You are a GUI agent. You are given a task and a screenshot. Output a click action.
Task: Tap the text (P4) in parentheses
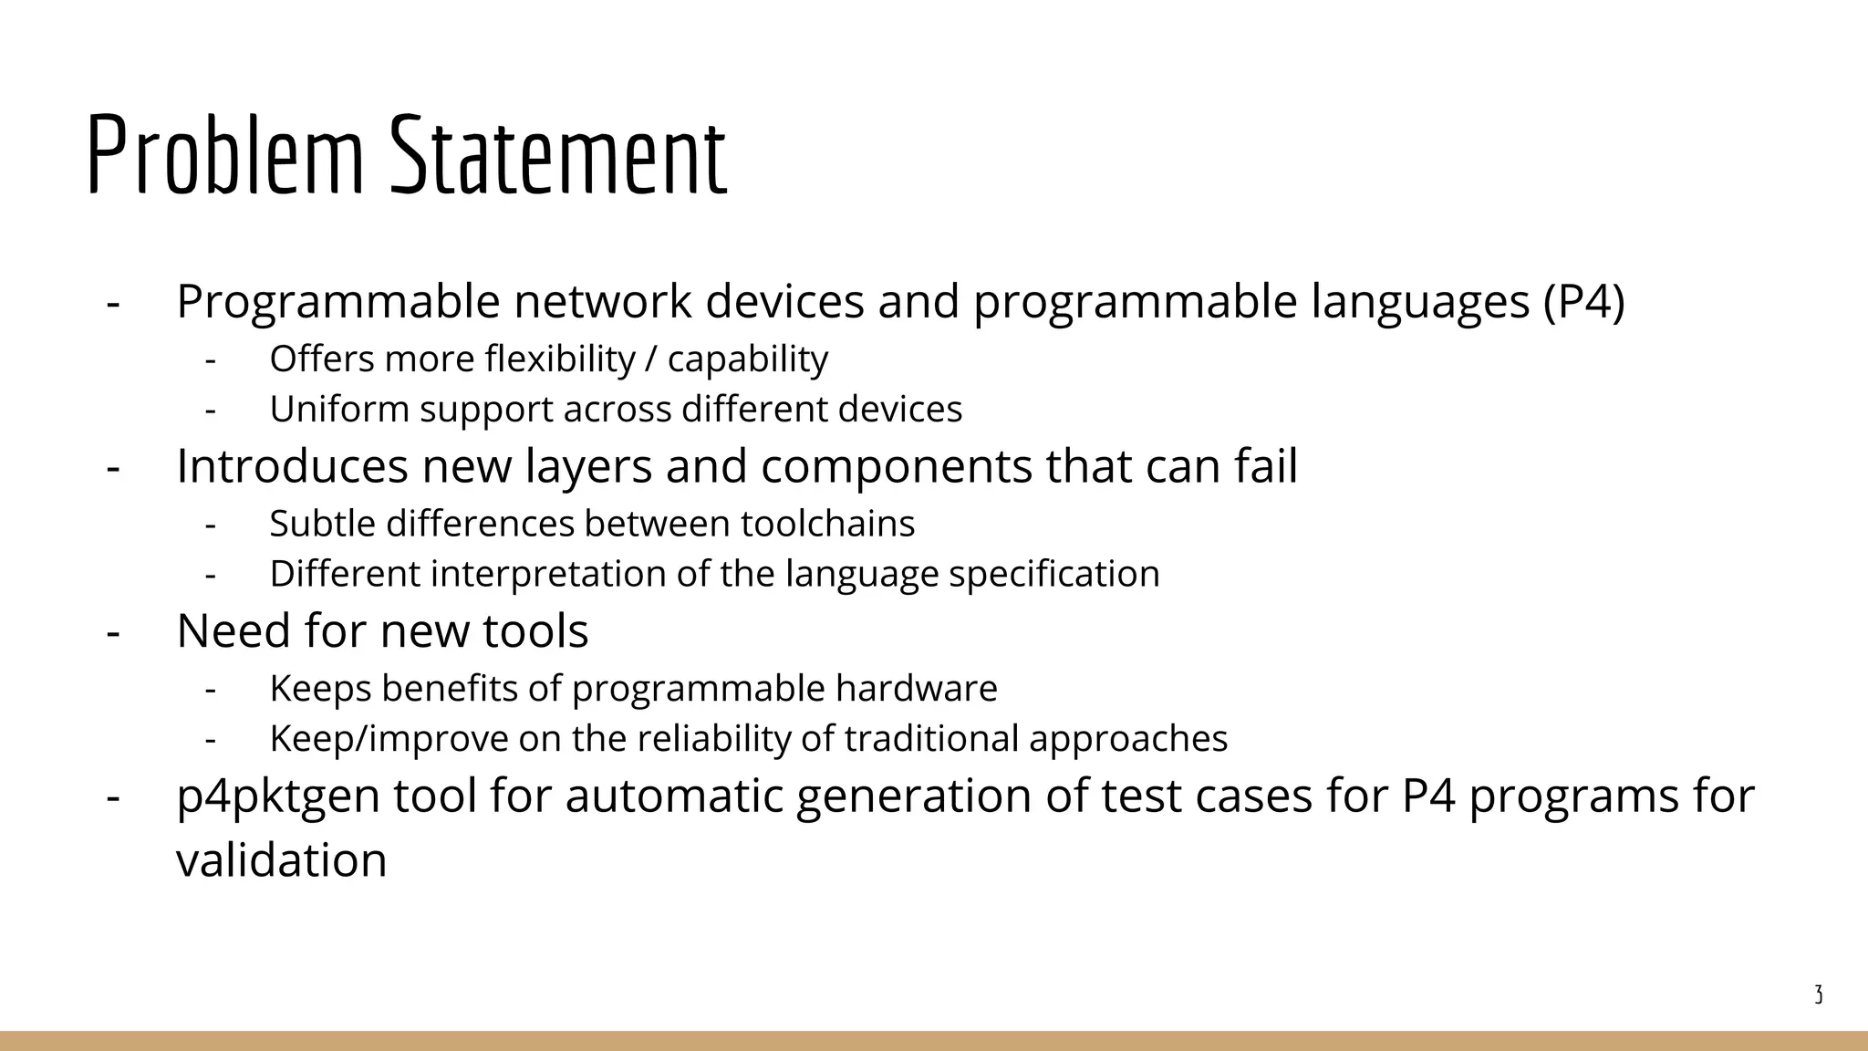[x=1584, y=301]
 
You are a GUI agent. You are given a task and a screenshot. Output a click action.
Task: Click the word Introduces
[x=291, y=465]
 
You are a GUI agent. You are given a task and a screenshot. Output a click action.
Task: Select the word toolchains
[x=827, y=524]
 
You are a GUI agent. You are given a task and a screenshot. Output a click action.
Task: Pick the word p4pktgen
[x=278, y=796]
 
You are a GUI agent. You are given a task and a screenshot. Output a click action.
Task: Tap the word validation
[x=281, y=859]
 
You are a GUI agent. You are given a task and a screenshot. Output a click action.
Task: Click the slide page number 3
[x=1818, y=995]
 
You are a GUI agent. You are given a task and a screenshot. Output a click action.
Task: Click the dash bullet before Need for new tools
[x=113, y=630]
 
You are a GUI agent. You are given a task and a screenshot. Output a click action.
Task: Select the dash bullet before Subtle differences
[x=211, y=524]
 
